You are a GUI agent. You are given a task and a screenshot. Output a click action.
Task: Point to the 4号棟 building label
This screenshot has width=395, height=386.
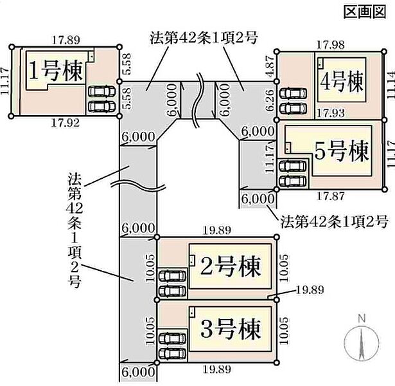point(342,82)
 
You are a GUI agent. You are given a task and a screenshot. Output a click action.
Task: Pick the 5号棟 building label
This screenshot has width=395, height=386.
point(342,152)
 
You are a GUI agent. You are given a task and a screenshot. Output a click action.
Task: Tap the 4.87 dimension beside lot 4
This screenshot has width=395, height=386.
point(270,66)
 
